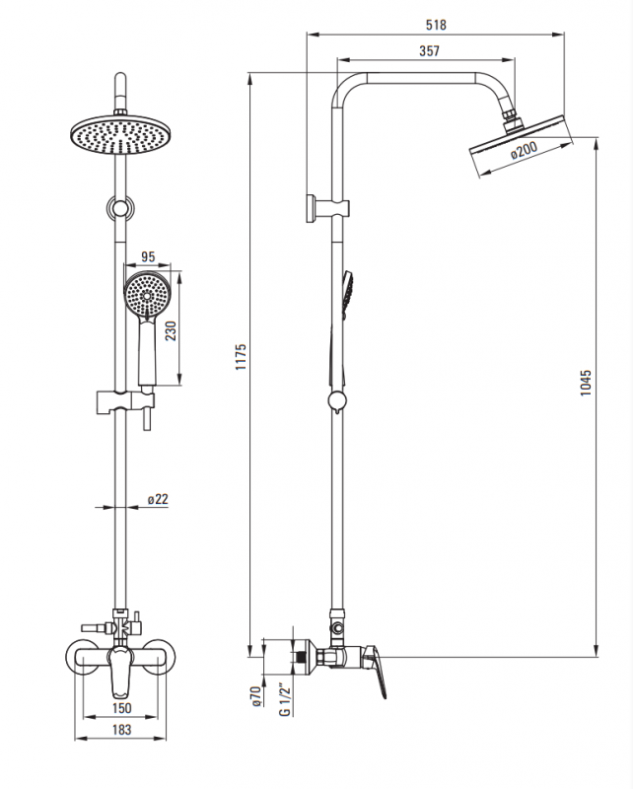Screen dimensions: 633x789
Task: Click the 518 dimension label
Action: click(436, 24)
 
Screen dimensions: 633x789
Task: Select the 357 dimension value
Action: click(429, 51)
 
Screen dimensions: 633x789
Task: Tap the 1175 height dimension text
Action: click(241, 357)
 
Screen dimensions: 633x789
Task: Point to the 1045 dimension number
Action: click(586, 383)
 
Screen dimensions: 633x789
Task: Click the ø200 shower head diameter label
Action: click(524, 150)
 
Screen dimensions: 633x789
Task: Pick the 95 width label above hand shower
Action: click(148, 256)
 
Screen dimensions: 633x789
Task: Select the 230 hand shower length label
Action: click(172, 330)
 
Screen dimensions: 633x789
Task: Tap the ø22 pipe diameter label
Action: click(158, 499)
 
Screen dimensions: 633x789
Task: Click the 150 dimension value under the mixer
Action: click(121, 708)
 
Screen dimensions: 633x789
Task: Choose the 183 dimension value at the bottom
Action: click(121, 729)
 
